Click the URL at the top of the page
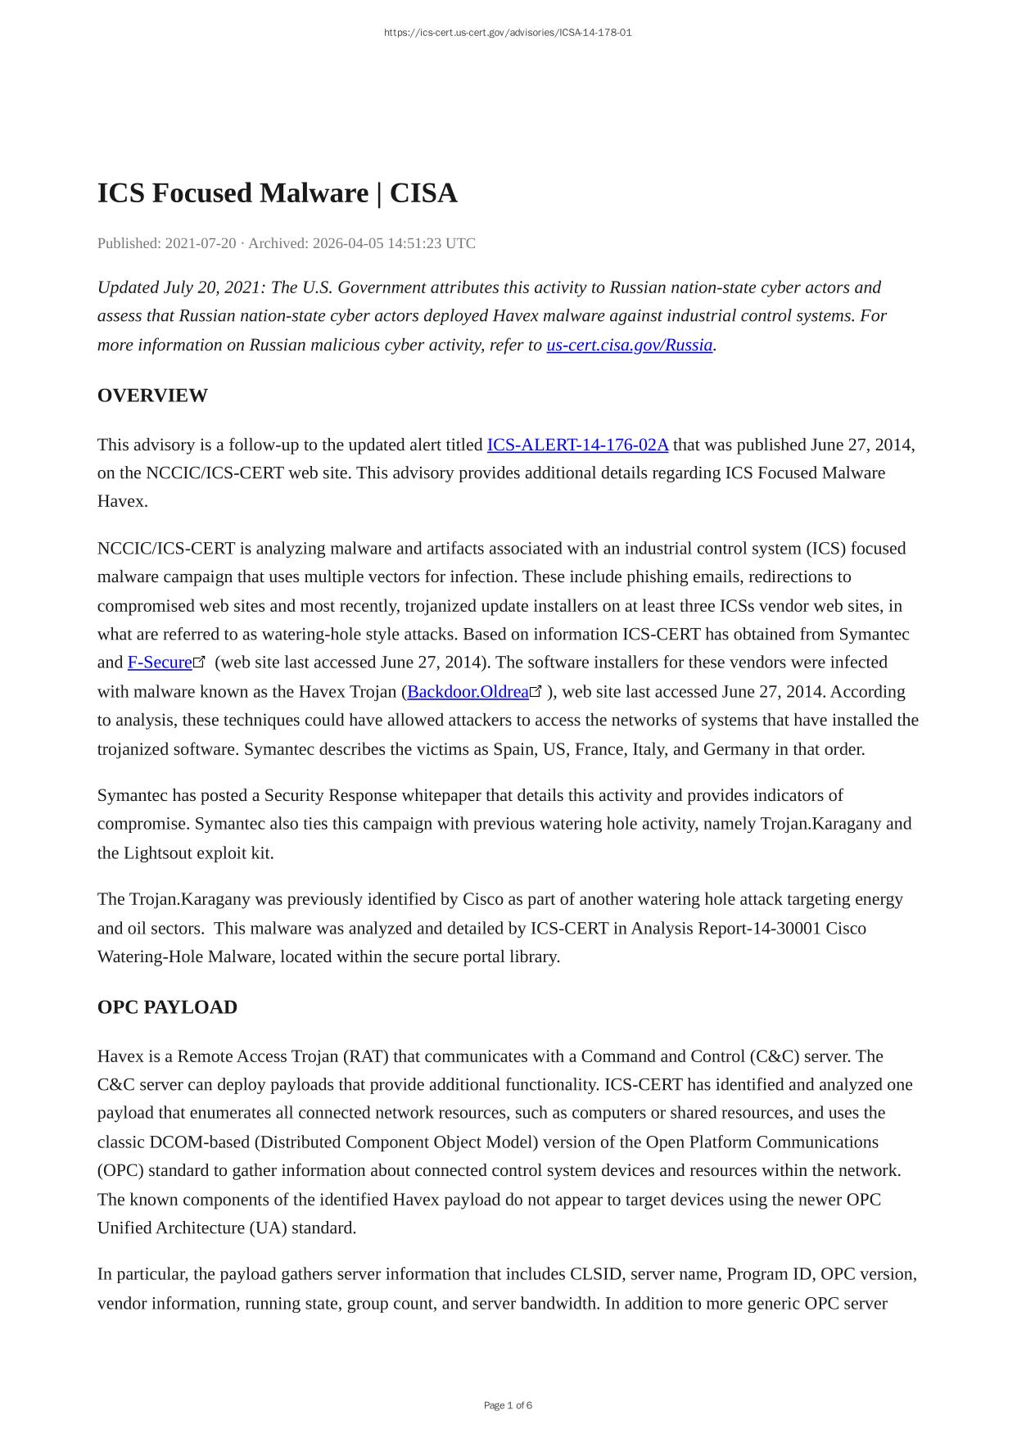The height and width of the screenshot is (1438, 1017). coord(508,33)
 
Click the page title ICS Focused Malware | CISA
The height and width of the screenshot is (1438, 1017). coord(277,193)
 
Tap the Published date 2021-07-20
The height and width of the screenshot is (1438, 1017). coord(201,243)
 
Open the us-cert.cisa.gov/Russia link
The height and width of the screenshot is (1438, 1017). coord(629,345)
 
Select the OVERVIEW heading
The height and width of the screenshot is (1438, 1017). coord(152,396)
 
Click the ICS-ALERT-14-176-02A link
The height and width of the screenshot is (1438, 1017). coord(577,445)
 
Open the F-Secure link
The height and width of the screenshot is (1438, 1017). coord(160,662)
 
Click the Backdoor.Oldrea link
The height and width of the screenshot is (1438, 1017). coord(468,692)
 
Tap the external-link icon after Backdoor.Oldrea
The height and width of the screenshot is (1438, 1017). coord(536,691)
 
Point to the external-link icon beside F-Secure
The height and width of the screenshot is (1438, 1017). coord(199,662)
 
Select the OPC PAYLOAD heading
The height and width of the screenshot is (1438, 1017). coord(167,1007)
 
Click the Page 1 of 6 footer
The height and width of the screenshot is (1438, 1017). coord(508,1405)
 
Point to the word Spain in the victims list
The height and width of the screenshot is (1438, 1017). coord(513,749)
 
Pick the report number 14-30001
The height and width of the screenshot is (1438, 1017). coord(787,928)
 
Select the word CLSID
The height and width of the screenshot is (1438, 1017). coord(596,1274)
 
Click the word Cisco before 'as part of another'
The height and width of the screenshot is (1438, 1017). coord(483,899)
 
